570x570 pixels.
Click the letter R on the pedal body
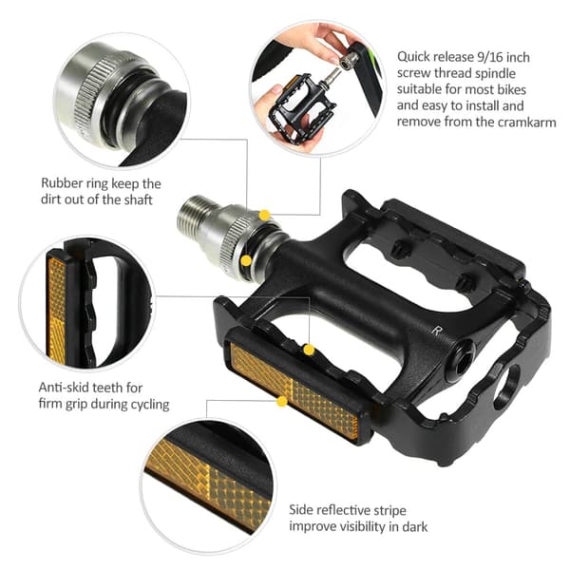pyautogui.click(x=436, y=330)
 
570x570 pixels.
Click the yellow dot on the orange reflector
pyautogui.click(x=282, y=402)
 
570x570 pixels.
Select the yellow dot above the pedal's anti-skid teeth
pyautogui.click(x=309, y=350)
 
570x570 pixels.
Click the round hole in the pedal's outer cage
pyautogui.click(x=507, y=388)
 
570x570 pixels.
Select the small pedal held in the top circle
pyautogui.click(x=301, y=106)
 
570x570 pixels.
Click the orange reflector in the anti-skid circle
pyautogui.click(x=57, y=309)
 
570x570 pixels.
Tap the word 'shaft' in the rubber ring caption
pyautogui.click(x=138, y=199)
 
